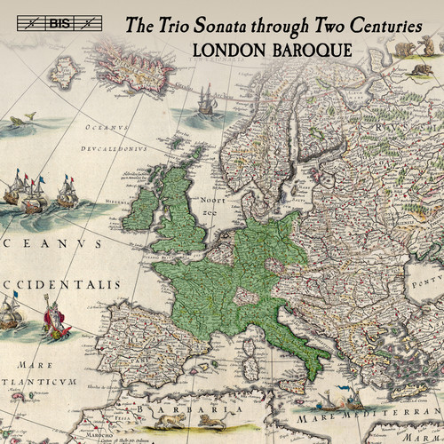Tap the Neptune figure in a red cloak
(x=49, y=320)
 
